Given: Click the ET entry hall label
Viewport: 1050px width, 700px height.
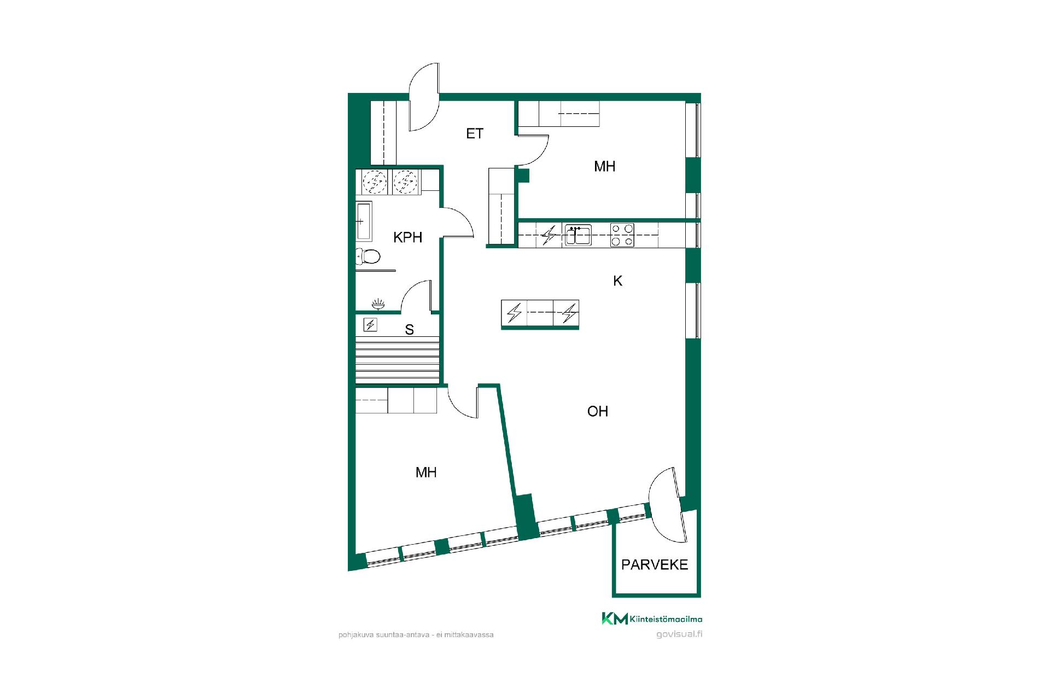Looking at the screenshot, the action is (x=475, y=133).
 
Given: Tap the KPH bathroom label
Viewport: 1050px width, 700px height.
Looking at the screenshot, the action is (x=408, y=237).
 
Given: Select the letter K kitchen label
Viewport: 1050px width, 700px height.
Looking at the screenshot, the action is (x=618, y=281).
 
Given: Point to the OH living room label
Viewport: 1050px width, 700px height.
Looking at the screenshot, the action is (x=598, y=411).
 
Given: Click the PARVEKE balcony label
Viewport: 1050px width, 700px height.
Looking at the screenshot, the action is (x=655, y=565).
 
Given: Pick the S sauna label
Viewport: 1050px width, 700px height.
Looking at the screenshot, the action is (x=409, y=330).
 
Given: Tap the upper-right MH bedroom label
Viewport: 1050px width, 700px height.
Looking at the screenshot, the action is (x=605, y=166).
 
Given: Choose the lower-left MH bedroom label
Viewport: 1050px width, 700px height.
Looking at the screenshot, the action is (x=426, y=472).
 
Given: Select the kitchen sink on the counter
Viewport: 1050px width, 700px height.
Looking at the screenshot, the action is (x=578, y=235).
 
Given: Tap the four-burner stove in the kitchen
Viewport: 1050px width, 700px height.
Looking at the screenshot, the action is (x=622, y=235).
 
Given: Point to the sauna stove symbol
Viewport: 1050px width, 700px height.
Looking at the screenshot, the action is (x=371, y=325).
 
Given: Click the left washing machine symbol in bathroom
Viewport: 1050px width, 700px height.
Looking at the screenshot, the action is (x=375, y=182).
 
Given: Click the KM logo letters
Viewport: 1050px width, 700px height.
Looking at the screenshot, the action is (x=615, y=619).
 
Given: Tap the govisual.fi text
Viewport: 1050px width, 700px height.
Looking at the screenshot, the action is (x=679, y=634).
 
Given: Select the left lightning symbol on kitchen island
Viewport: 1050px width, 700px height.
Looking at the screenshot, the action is (x=514, y=313).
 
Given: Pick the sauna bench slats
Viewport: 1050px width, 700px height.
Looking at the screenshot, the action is (x=398, y=360).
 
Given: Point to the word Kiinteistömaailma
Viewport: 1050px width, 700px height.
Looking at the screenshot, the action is (x=666, y=619).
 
